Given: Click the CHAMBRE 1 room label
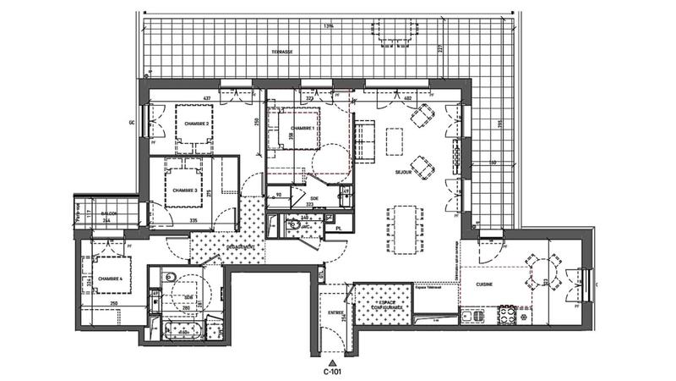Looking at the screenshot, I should point(303,128).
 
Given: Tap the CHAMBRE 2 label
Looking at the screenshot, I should point(196,124).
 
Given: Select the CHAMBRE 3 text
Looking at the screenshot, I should point(185,190).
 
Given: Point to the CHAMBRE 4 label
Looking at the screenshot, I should point(110,279).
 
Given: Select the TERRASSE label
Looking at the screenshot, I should point(282,52).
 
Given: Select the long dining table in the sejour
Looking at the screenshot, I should point(406,229).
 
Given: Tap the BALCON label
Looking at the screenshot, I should point(108,213).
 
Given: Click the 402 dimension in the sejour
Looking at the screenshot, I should point(406,100).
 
